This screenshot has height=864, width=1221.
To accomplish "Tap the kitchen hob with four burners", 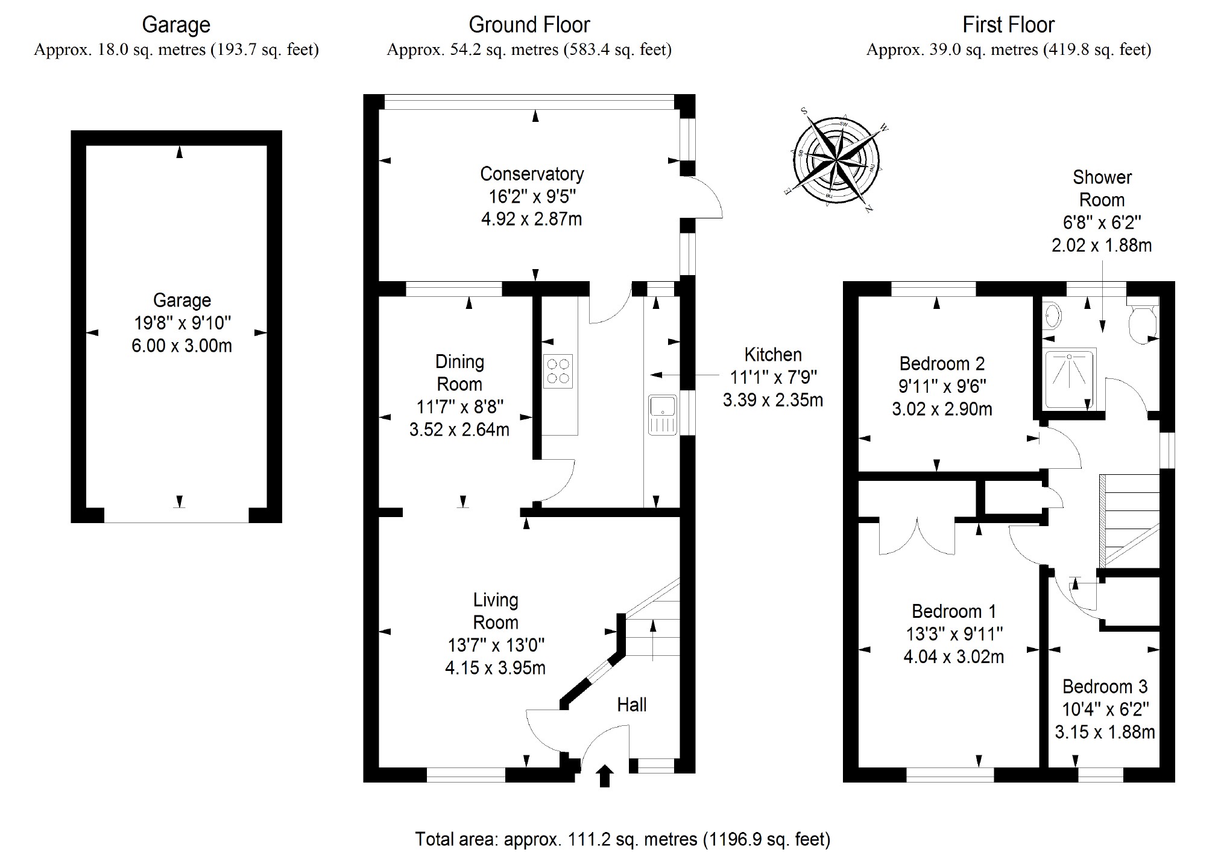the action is [558, 371].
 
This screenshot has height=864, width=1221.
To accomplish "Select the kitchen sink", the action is [663, 415].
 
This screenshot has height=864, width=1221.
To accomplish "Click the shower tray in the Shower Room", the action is [1070, 379].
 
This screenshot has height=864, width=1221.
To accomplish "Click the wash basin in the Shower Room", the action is [1053, 315].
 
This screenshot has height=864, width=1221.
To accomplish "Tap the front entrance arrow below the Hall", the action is [605, 776].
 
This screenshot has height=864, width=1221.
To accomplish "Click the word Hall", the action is [631, 704].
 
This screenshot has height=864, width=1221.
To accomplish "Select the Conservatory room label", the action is [532, 174].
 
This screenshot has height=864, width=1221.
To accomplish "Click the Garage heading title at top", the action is [176, 25].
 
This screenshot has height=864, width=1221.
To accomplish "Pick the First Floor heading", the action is [1008, 25].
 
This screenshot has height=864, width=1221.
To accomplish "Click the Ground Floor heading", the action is [529, 25].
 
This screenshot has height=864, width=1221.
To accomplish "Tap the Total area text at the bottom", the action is [622, 839].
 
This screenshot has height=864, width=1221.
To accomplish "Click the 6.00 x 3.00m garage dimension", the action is [181, 346].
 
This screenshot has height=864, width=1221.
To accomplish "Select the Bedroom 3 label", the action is [1105, 686].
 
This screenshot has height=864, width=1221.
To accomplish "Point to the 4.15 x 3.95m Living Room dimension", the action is [495, 668].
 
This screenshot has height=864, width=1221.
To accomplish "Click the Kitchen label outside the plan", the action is [773, 354].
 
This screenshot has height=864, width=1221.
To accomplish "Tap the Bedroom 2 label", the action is [942, 363].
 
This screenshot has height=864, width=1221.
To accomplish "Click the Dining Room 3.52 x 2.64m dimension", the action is [459, 429].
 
